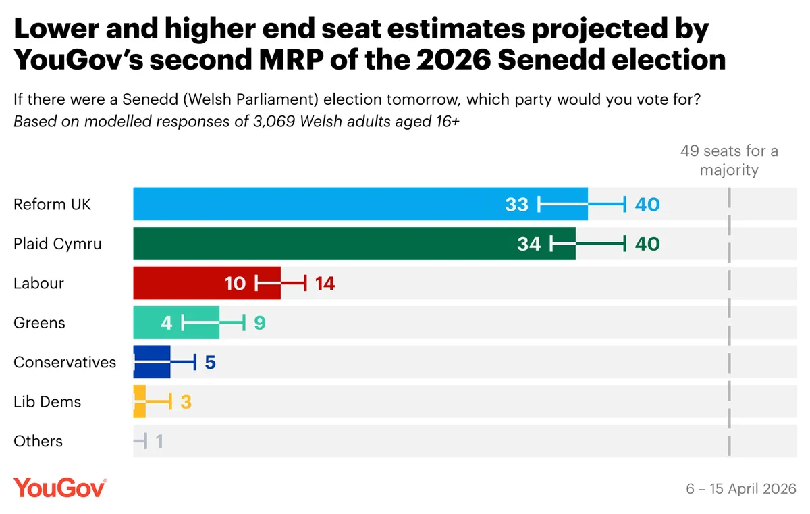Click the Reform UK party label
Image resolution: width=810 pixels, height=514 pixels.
point(52,204)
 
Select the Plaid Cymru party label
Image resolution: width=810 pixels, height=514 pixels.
point(57,244)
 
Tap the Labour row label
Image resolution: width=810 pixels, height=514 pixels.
point(38,283)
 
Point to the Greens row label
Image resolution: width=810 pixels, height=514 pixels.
point(39,323)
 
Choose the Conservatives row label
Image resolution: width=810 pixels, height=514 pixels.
point(65,362)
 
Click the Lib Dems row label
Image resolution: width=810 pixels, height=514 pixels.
point(47,402)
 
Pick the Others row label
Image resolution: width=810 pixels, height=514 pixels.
point(38,441)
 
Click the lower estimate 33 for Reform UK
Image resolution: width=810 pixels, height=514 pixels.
point(516,204)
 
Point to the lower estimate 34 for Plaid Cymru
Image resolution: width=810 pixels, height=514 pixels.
point(529,244)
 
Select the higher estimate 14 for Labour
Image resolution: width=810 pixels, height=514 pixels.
point(325,283)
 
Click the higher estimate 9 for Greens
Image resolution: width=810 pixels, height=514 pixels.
point(260,323)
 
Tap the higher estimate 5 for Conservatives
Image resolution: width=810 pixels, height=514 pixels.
point(210,362)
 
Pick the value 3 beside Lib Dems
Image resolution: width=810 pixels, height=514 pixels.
point(186,402)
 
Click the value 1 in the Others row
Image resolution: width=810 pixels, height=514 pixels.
point(159,441)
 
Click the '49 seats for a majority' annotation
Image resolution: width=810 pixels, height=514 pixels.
point(729,160)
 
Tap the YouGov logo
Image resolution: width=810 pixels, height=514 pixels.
point(59,488)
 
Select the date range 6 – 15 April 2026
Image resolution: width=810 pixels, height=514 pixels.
point(741,488)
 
